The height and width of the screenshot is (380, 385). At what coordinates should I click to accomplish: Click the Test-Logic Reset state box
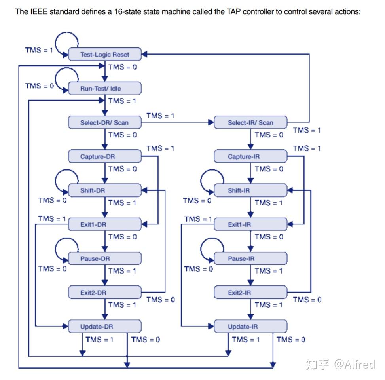tap(104, 55)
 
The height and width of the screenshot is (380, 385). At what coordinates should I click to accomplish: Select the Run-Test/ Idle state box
tap(104, 89)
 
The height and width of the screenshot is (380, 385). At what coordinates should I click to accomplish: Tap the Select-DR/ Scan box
tap(104, 122)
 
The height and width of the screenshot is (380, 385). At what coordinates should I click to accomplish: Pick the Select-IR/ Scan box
tap(250, 122)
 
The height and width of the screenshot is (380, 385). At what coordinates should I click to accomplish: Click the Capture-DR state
tap(104, 156)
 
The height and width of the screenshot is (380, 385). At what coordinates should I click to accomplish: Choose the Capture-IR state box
tap(250, 156)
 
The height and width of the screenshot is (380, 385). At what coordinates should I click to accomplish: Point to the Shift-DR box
tap(104, 190)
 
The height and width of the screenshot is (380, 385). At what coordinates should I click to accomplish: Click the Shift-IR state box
tap(250, 190)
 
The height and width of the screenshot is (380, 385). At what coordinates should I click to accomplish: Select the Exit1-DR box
tap(104, 224)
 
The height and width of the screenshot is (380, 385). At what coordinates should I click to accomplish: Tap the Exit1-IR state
tap(250, 224)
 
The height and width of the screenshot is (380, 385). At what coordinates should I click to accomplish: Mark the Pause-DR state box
tap(104, 258)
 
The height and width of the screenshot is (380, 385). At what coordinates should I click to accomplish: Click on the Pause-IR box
tap(250, 258)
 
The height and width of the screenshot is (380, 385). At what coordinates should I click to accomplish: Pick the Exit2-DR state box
tap(104, 293)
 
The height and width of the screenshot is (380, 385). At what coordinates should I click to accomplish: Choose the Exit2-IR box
tap(250, 293)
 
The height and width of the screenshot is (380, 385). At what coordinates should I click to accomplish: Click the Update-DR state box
tap(104, 327)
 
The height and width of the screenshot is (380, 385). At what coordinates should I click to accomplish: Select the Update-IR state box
tap(250, 327)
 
